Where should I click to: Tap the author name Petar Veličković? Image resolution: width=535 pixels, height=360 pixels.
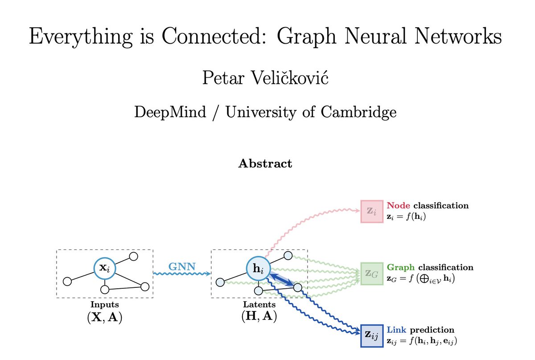click(x=265, y=78)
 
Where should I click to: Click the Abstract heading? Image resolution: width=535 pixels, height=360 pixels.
click(x=265, y=164)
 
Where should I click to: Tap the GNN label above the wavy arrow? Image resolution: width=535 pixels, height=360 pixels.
click(x=181, y=267)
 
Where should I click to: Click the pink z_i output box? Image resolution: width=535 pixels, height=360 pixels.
click(x=371, y=211)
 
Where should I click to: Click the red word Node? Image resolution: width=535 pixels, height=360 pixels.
click(x=399, y=206)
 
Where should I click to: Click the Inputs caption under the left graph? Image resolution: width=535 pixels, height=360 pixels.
click(x=104, y=305)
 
